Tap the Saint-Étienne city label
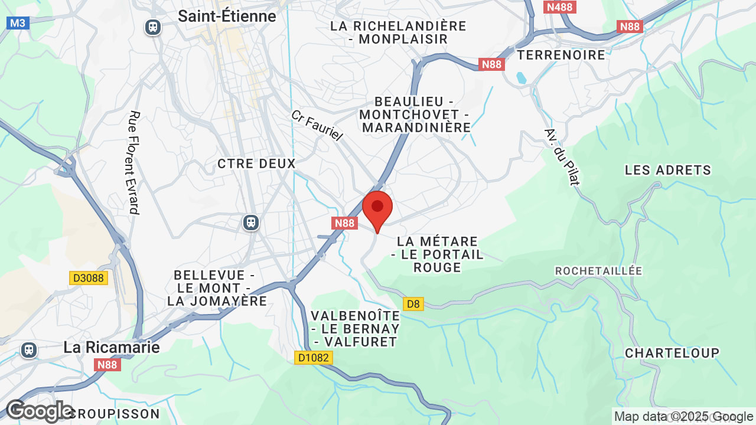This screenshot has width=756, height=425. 227,17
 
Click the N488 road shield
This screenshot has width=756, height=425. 559,7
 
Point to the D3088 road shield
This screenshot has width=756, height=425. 89,278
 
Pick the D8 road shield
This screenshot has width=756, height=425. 413,304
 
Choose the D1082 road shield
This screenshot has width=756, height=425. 314,358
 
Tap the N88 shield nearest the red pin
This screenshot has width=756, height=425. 344,223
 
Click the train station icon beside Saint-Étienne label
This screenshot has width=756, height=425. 153,27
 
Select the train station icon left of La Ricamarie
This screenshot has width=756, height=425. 28,349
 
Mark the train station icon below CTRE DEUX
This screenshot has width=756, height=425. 251,223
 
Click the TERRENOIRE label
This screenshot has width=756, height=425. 561,55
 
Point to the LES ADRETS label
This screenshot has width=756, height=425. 667,170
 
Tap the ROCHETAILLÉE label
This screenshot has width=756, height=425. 598,270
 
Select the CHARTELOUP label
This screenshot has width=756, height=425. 672,353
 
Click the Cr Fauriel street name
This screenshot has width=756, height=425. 317,125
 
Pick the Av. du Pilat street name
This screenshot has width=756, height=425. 562,156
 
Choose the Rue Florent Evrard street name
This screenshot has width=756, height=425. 134,162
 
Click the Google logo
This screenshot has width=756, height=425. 39,411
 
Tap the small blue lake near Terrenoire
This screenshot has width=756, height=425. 521,78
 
